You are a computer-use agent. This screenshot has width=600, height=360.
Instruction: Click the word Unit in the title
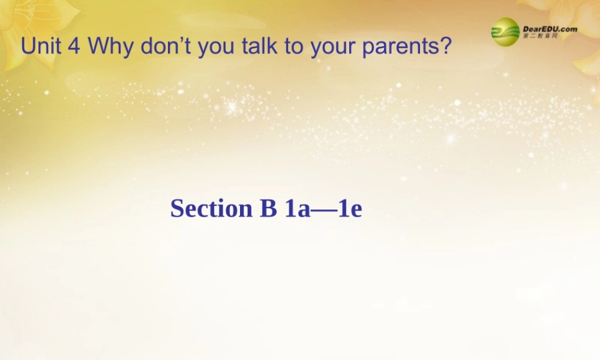pos(41,47)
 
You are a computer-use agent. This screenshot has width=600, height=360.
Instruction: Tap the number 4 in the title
pos(74,47)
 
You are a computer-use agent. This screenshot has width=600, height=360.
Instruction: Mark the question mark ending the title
pos(445,47)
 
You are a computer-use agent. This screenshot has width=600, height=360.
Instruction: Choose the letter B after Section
pos(268,208)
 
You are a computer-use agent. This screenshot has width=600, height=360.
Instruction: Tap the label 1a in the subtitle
pos(296,208)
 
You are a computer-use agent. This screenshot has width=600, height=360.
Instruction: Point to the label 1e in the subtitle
pos(350,208)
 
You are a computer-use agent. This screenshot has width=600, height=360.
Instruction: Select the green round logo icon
pos(506,32)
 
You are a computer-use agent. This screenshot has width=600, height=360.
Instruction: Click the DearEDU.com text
pos(550,28)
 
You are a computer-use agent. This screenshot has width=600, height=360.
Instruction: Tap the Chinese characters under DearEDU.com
pos(540,37)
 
